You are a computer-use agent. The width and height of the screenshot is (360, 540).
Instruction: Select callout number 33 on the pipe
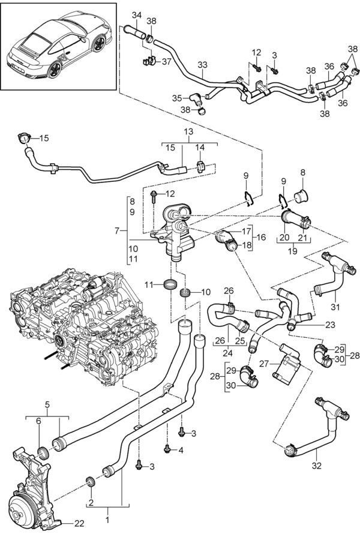point(202,65)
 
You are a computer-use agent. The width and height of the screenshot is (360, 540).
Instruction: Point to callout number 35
point(177,98)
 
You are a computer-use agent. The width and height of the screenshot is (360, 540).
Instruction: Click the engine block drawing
point(90,324)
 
